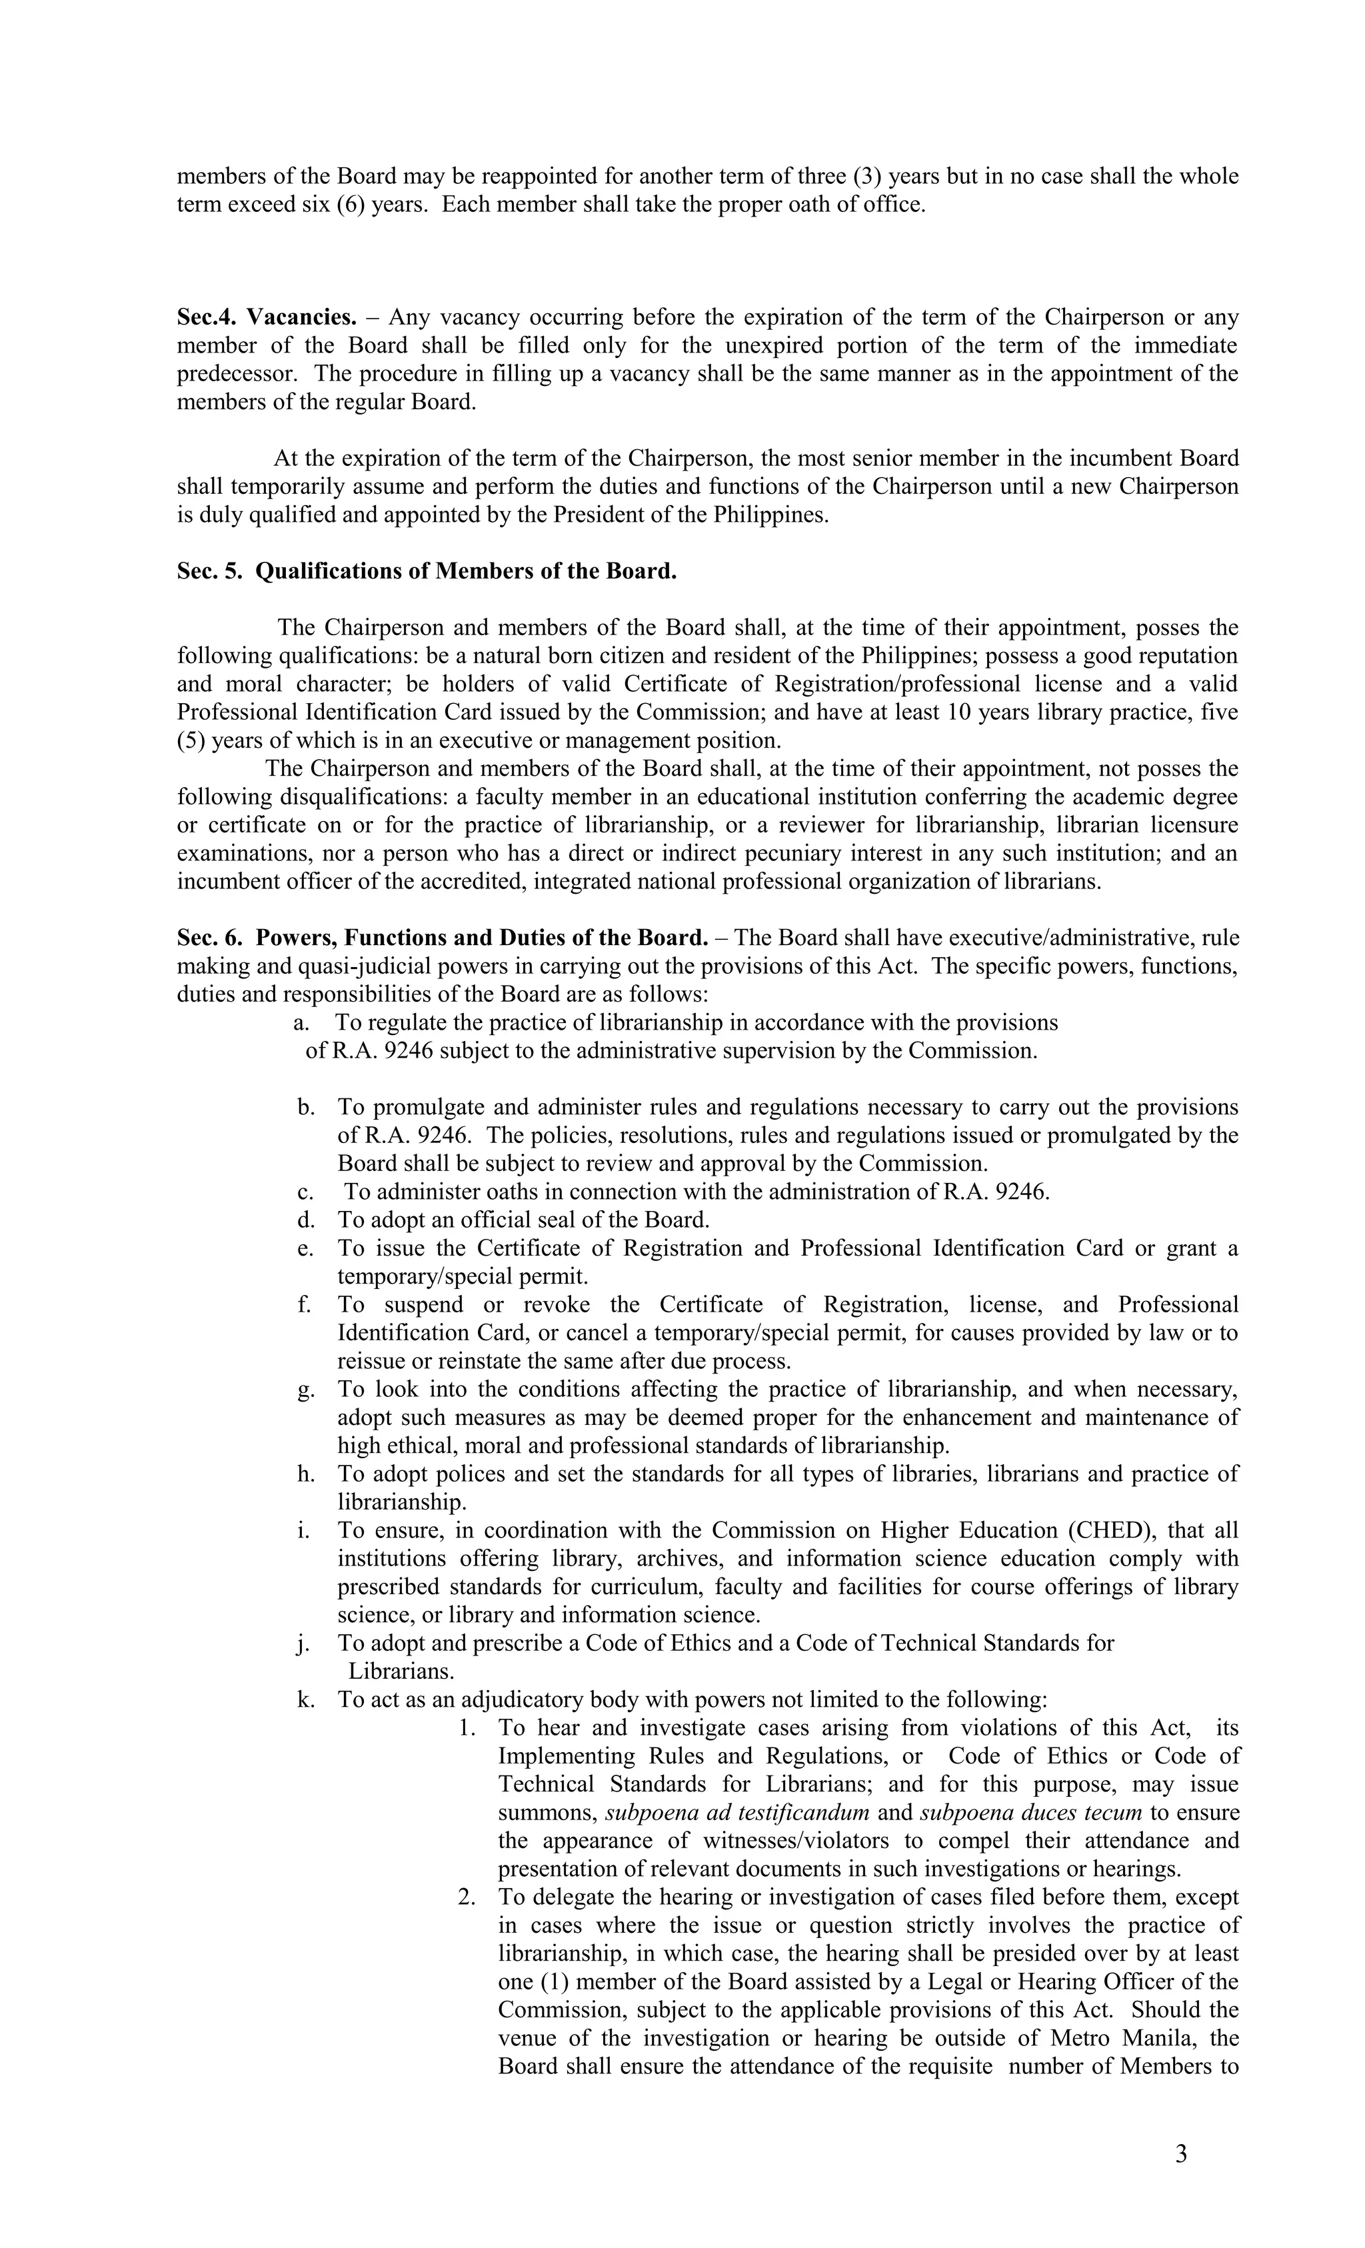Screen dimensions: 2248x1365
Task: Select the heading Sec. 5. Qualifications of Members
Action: (426, 571)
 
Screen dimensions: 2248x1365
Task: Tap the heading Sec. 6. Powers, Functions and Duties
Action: (442, 938)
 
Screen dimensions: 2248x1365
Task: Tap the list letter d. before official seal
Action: (306, 1220)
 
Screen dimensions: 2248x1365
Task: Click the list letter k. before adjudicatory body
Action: (306, 1699)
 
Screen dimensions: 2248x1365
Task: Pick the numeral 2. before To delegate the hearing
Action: (467, 1897)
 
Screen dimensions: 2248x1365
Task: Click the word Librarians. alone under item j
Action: (401, 1672)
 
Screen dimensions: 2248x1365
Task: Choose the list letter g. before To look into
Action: (306, 1390)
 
